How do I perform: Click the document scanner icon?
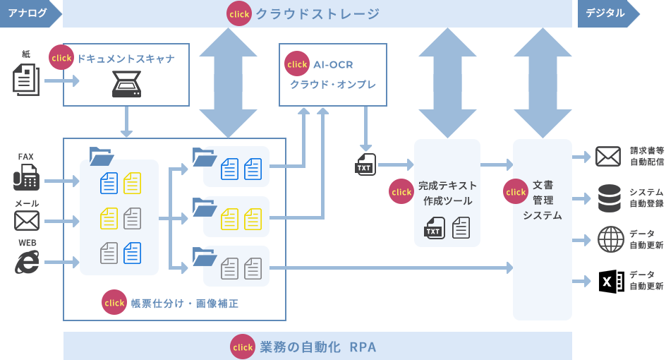click(x=126, y=85)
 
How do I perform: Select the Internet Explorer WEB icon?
click(x=27, y=262)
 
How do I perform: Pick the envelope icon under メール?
click(x=27, y=221)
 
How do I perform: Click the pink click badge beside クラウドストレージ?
click(x=239, y=13)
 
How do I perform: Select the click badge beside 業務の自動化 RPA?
click(x=243, y=347)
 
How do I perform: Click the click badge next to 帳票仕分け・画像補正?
click(x=114, y=302)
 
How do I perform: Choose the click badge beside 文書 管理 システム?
click(x=516, y=191)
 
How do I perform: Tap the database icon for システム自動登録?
click(x=609, y=198)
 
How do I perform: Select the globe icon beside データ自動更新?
click(x=610, y=239)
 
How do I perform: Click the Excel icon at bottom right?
click(x=610, y=281)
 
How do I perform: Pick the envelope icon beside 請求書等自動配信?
click(x=607, y=156)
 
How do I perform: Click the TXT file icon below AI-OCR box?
click(x=365, y=164)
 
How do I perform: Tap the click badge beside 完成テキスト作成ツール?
click(x=401, y=191)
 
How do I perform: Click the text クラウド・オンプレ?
click(x=333, y=84)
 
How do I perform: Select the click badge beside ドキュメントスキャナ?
click(x=61, y=58)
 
